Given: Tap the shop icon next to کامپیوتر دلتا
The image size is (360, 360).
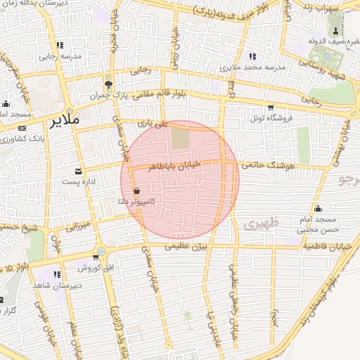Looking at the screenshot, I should (x=136, y=190).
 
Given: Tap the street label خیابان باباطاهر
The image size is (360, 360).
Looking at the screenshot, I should (x=172, y=165).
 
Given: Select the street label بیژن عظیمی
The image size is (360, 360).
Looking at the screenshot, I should (x=188, y=247).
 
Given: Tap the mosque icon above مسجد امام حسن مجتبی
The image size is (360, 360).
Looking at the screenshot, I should (x=319, y=207).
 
